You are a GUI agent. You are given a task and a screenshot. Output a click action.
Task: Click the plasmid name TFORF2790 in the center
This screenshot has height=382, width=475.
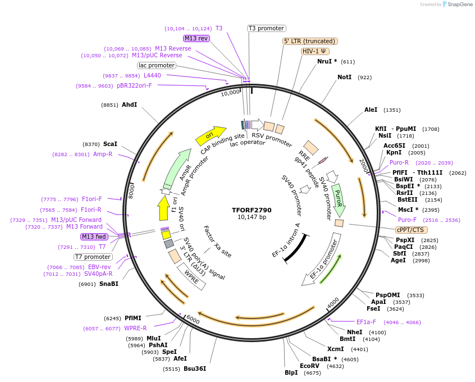click(252, 210)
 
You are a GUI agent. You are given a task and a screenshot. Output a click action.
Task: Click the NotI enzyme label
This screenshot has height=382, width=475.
click(344, 77)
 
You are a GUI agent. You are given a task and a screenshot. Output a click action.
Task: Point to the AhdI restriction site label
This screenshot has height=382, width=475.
click(129, 104)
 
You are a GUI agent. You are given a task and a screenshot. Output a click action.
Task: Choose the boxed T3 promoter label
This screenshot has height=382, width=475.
click(267, 28)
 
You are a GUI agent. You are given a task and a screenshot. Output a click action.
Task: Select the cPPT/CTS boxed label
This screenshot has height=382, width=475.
click(411, 230)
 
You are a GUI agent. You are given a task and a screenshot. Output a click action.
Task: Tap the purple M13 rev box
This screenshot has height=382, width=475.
click(196, 38)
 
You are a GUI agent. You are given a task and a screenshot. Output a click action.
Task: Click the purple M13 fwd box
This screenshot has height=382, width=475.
click(94, 237)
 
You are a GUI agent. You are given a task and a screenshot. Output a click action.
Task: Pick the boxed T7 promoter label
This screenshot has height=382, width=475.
click(93, 257)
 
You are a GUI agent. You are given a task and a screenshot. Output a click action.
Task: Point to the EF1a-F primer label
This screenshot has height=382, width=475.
click(366, 322)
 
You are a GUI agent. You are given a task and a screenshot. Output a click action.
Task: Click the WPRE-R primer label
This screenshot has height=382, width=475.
click(135, 329)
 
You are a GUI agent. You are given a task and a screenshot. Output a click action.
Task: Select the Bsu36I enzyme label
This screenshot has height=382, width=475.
click(195, 369)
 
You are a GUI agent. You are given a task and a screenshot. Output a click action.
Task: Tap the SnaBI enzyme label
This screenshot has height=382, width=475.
click(109, 284)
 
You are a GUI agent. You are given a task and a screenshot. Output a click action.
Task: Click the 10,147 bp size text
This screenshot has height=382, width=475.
click(252, 217)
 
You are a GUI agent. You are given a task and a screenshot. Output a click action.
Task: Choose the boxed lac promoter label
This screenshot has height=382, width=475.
click(157, 65)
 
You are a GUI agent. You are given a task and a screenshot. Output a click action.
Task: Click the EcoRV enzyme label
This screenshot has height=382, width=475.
click(309, 366)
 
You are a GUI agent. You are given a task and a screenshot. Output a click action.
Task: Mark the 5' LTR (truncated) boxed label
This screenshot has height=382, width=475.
click(309, 41)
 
